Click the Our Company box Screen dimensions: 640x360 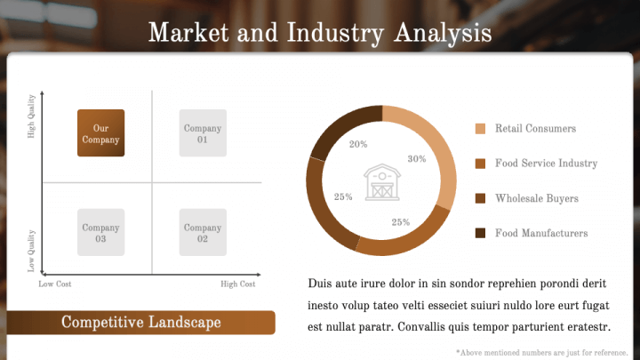100,133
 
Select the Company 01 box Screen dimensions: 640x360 203,133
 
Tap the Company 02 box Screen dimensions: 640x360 203,233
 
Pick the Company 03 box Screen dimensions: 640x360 100,233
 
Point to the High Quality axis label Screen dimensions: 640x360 31,116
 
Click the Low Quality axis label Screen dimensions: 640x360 31,251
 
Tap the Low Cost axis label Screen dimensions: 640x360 55,284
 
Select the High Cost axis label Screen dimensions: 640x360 238,284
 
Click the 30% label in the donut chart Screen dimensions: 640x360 417,159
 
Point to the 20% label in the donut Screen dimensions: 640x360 358,144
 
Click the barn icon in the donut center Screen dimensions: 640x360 382,182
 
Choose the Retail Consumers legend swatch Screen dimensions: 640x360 480,129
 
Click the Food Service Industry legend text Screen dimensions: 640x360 546,164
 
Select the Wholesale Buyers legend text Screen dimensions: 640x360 537,198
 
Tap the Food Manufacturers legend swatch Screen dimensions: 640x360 480,233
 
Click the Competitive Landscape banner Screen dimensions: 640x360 140,323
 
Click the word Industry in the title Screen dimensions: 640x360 335,33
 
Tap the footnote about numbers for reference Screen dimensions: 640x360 541,353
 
